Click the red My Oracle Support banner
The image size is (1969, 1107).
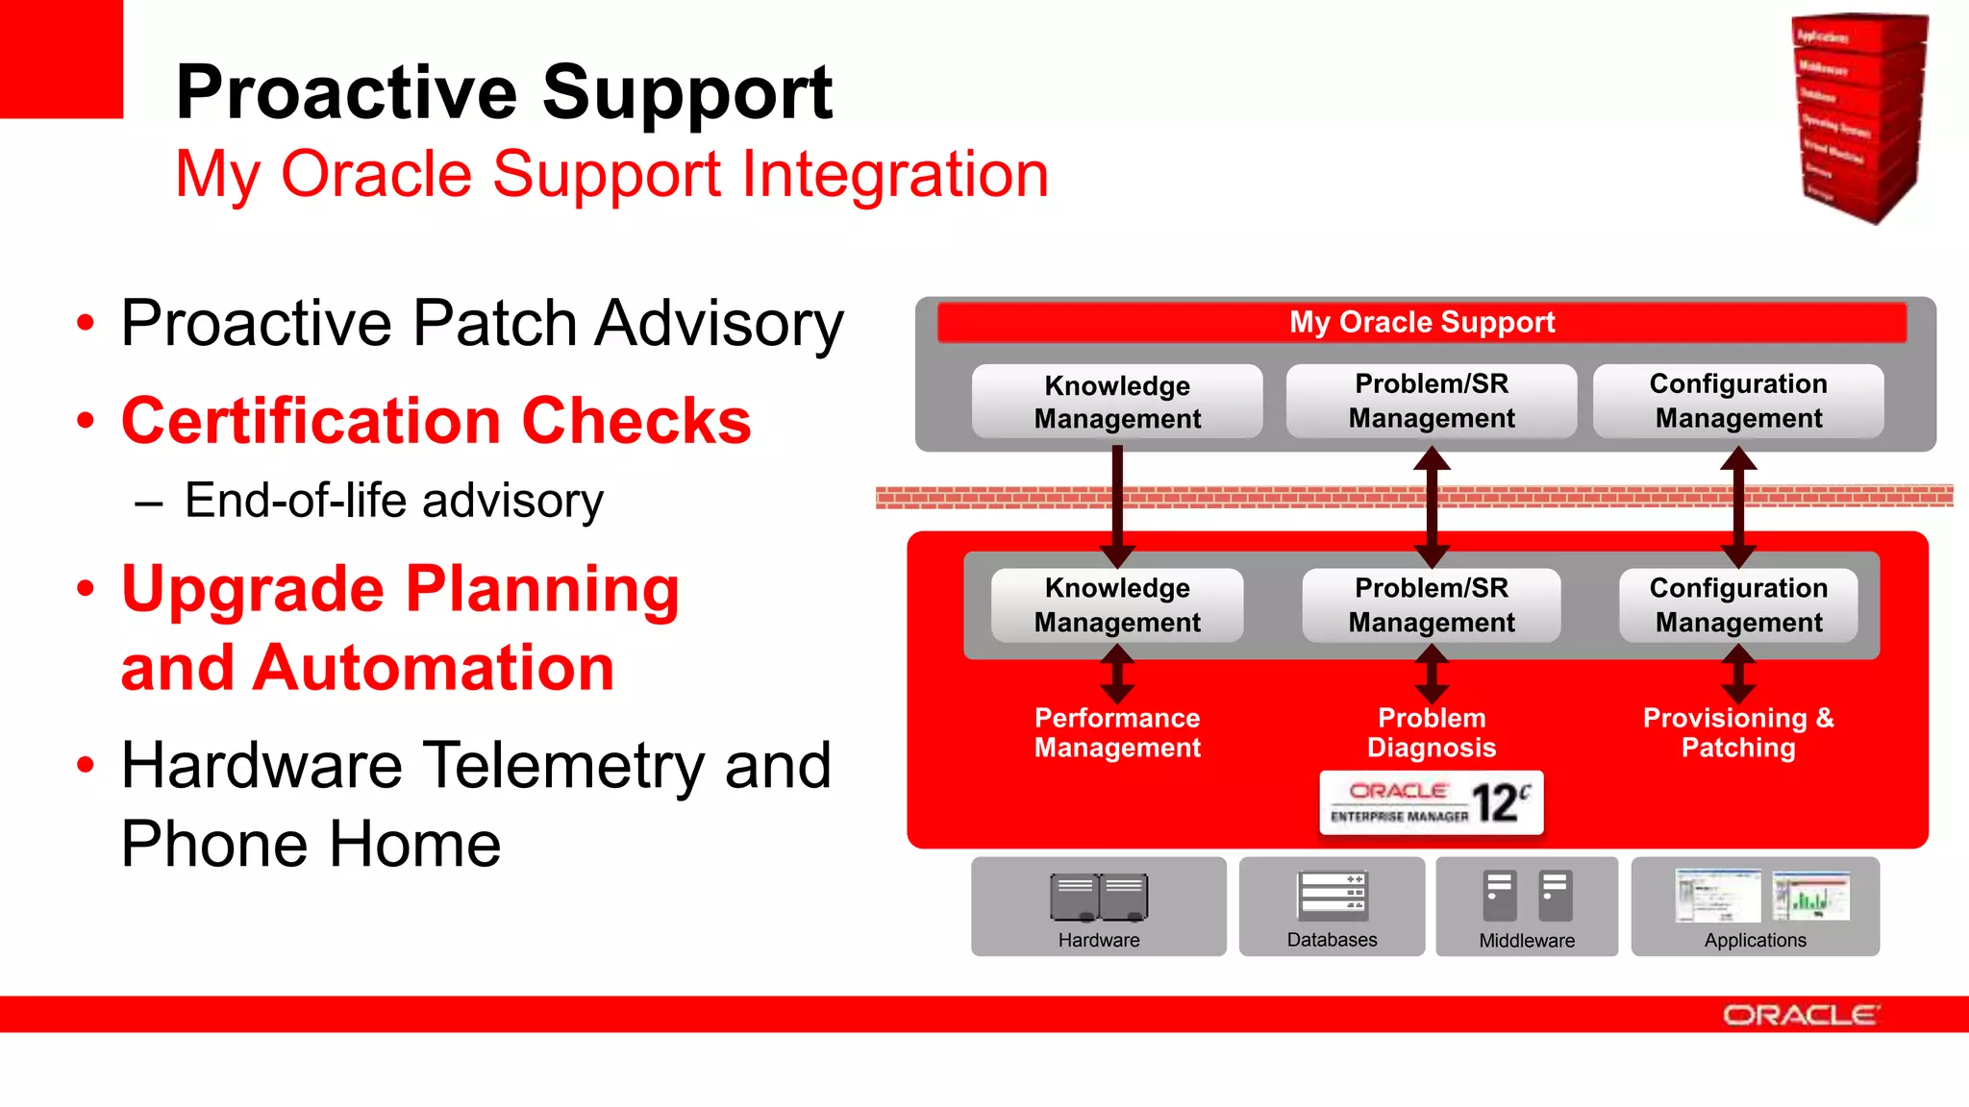click(1421, 323)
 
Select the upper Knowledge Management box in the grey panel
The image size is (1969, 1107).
click(1117, 402)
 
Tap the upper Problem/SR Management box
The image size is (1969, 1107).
click(1432, 401)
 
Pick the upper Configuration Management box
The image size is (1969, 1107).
click(1738, 401)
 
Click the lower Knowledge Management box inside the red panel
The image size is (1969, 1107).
click(1117, 605)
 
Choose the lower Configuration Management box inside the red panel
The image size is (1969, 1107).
click(1738, 605)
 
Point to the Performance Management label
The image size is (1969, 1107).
click(1117, 733)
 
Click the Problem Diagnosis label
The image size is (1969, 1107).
click(1432, 733)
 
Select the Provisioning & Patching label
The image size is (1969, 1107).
click(1738, 733)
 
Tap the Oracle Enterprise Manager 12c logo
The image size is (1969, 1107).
click(1432, 803)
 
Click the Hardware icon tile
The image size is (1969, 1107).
click(1099, 907)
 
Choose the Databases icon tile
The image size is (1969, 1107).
click(1332, 907)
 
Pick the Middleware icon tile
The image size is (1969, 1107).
click(1527, 907)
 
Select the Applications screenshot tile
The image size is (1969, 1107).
click(1756, 907)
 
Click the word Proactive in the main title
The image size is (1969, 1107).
click(346, 93)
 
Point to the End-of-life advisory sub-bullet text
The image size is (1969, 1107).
click(394, 501)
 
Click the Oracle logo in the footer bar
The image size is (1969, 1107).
click(1800, 1016)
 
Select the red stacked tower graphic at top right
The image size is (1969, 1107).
click(1859, 117)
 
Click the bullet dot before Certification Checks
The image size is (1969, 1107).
click(87, 421)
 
